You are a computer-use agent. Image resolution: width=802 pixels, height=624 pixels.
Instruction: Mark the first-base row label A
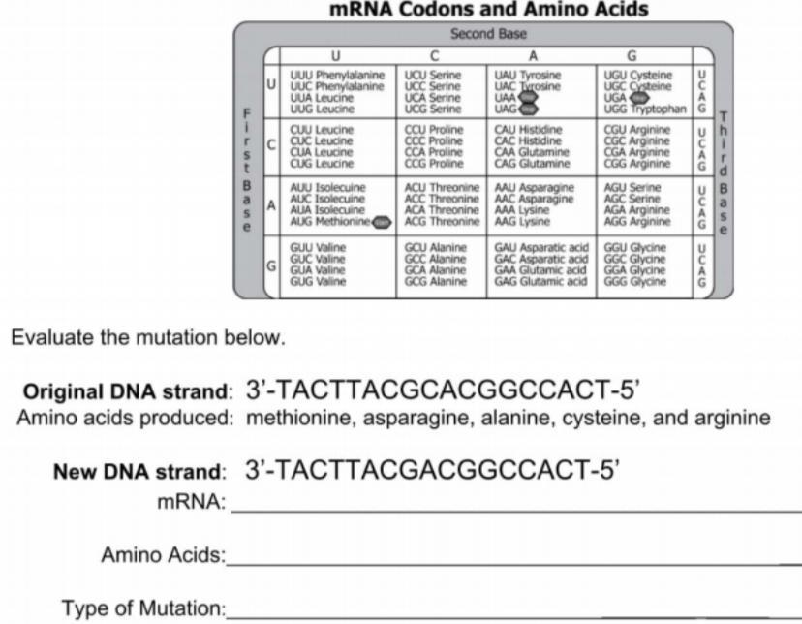(x=272, y=204)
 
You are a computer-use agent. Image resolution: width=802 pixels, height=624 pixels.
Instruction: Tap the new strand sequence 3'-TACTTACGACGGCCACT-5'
(x=432, y=471)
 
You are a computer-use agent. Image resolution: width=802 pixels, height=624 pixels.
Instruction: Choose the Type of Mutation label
(x=143, y=608)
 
